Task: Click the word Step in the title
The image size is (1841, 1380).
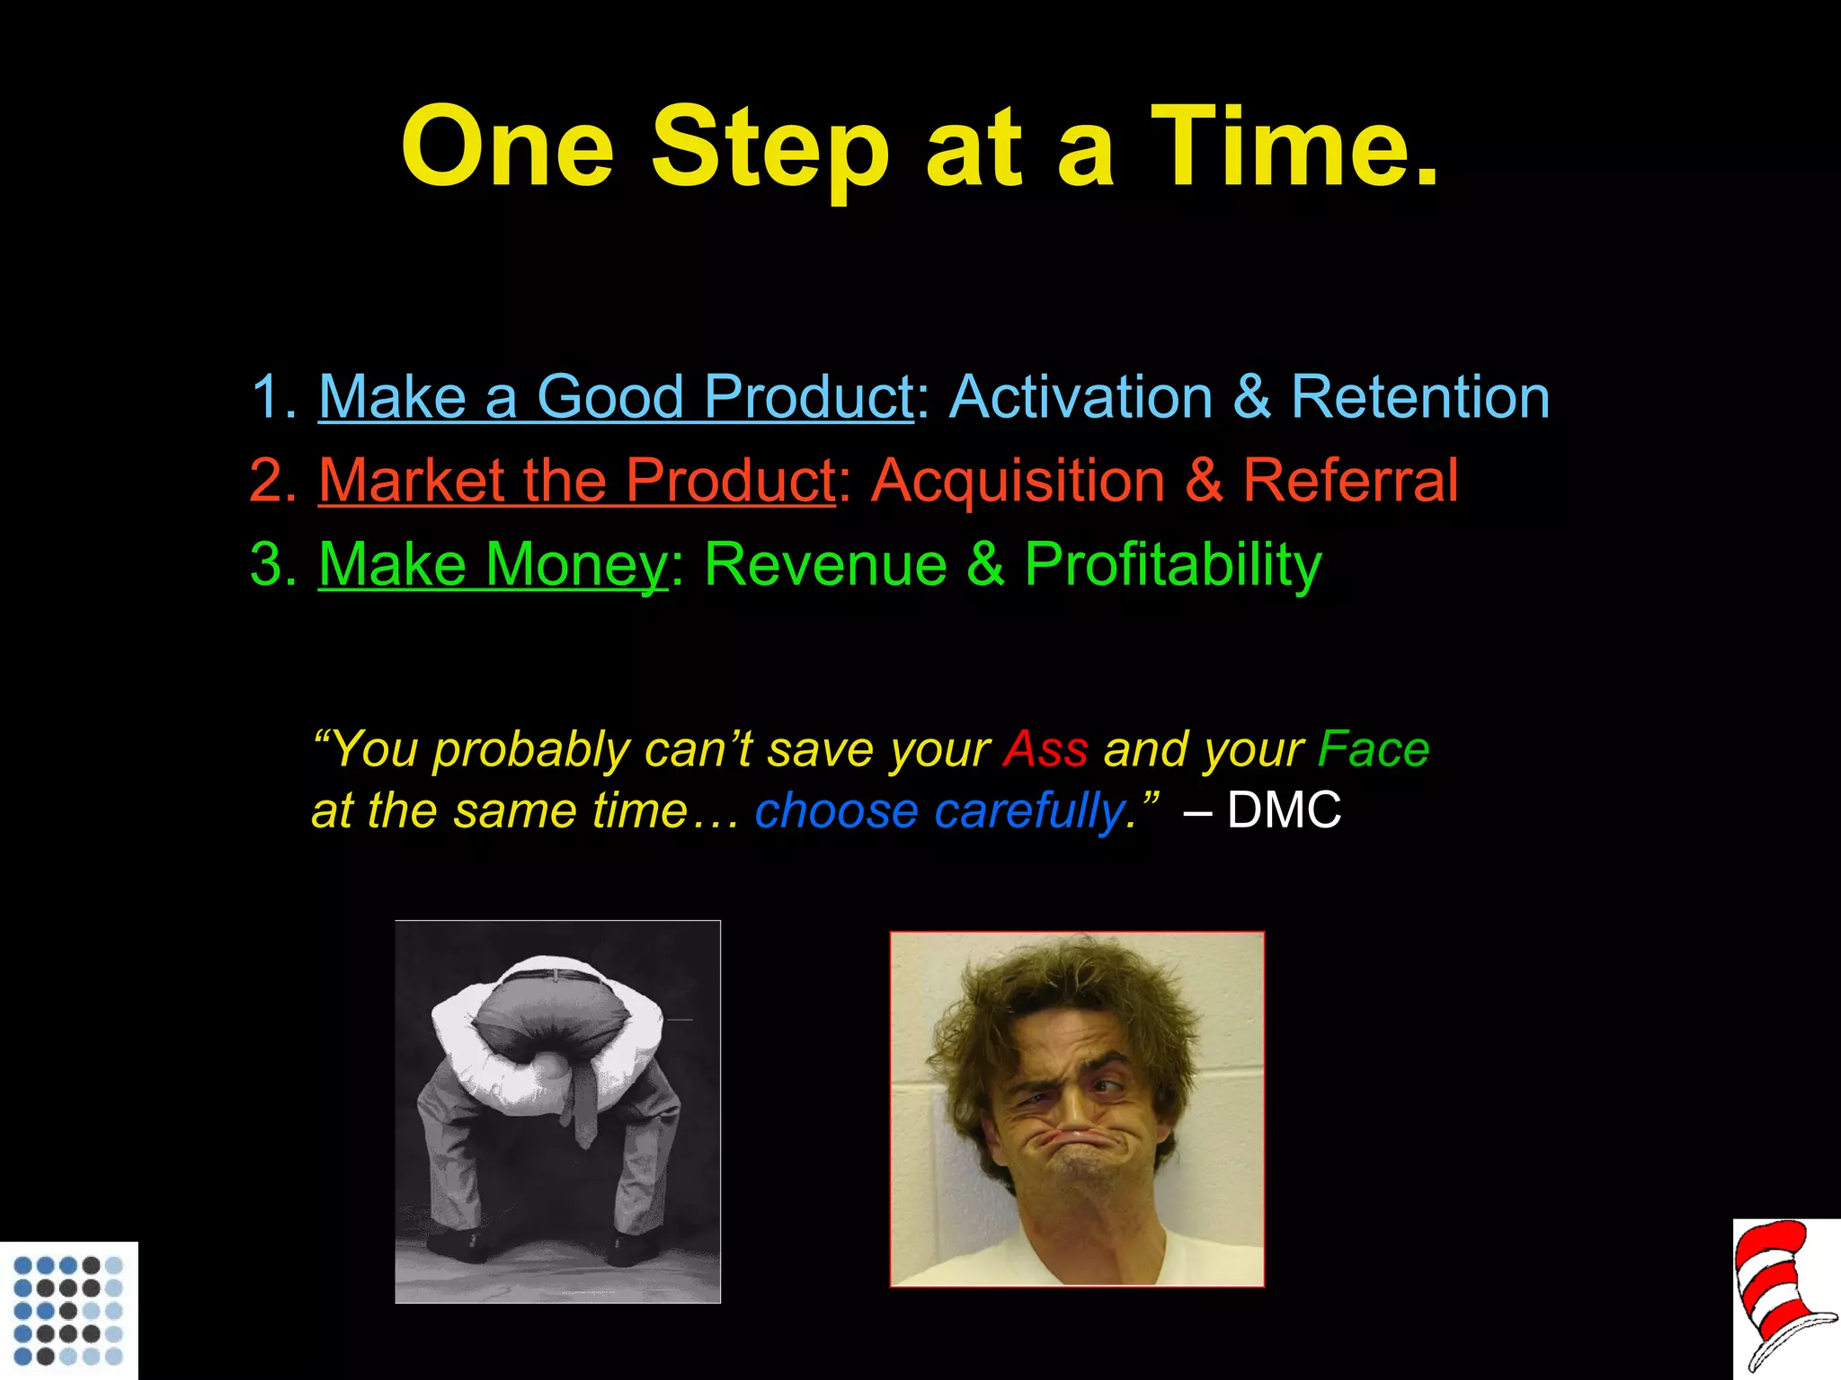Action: click(769, 148)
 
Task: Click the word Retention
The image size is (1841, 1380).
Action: click(1420, 396)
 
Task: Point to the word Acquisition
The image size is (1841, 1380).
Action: click(1018, 480)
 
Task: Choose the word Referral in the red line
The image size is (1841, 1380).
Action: click(1350, 480)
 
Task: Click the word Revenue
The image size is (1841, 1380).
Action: click(825, 564)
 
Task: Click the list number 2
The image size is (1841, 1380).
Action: click(271, 481)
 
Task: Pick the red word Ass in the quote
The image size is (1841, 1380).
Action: click(1045, 748)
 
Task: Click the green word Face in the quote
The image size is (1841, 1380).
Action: click(1373, 748)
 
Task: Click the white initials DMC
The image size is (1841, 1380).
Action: click(1284, 809)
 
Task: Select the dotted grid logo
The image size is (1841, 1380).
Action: click(68, 1310)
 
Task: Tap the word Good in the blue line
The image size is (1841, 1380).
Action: click(609, 396)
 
